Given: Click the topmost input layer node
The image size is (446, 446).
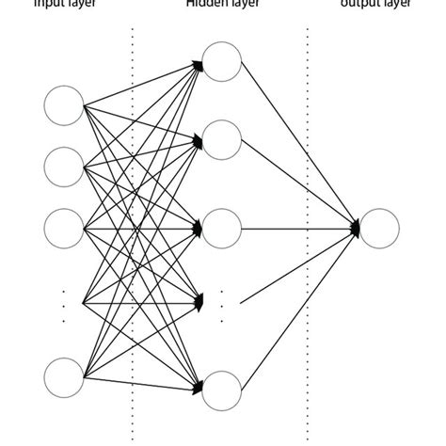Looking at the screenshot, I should click(x=64, y=104).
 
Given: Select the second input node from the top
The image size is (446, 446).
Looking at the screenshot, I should click(x=64, y=166).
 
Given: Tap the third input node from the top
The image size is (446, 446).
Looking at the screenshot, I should click(x=64, y=228).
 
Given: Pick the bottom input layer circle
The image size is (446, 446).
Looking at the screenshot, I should click(x=64, y=375).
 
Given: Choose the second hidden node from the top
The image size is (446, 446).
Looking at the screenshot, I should click(x=222, y=139).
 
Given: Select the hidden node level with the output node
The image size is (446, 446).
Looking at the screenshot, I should click(x=222, y=228).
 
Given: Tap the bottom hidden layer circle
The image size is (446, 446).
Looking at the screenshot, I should click(x=222, y=390).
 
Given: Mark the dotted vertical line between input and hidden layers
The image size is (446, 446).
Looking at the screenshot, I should click(x=133, y=235).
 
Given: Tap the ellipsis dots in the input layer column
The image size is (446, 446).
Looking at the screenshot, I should click(x=64, y=307).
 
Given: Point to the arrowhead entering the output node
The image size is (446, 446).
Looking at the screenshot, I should click(x=357, y=228).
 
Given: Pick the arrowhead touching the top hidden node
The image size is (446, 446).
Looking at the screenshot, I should click(x=199, y=63).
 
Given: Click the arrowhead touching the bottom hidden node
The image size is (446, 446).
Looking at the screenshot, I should click(x=199, y=387).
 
